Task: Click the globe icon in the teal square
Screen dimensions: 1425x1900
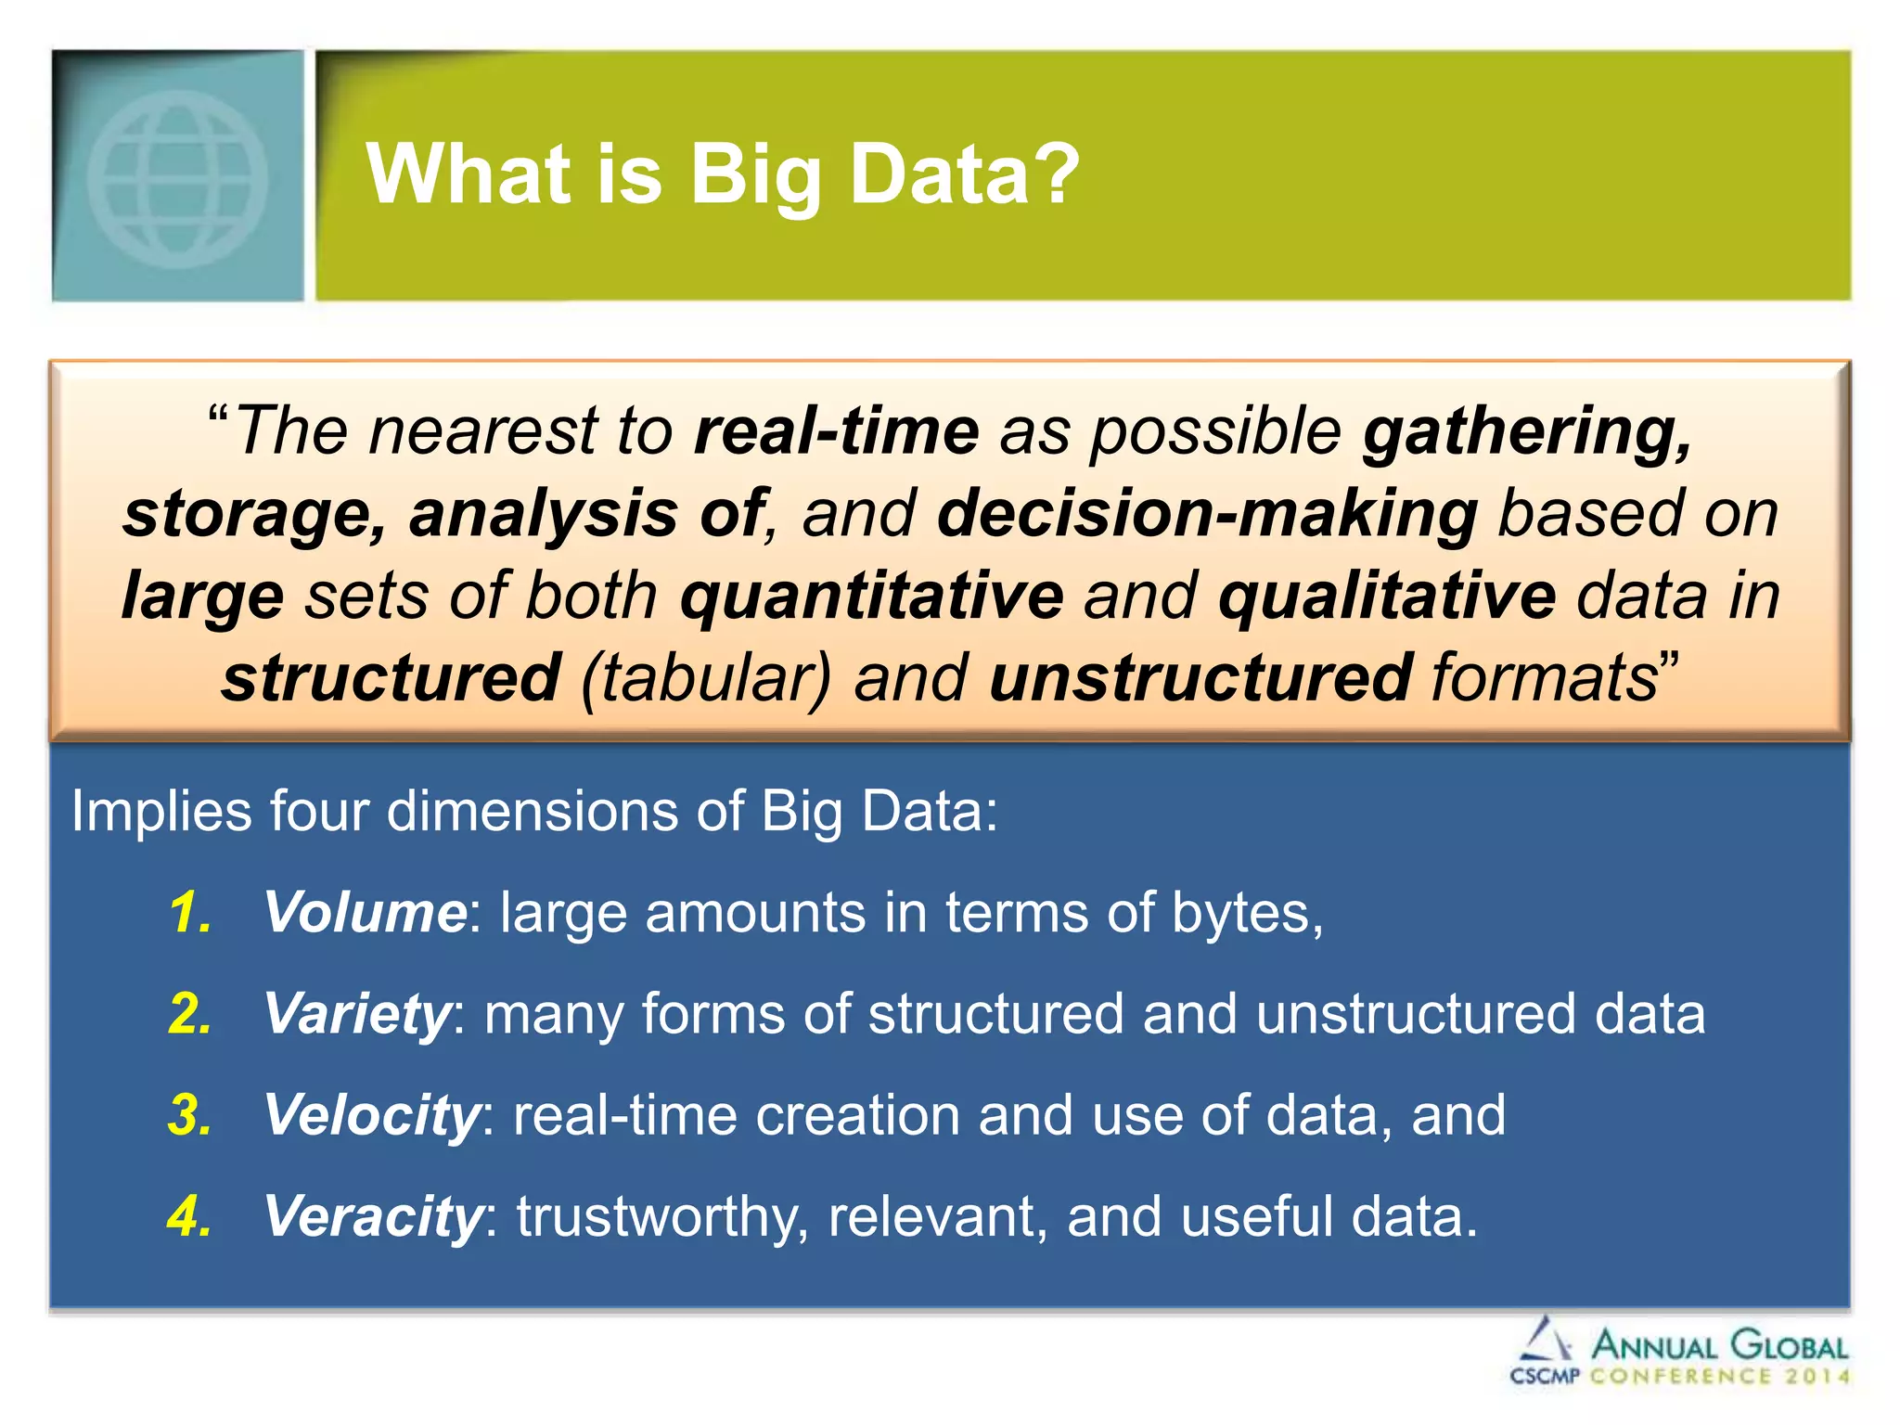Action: [x=177, y=178]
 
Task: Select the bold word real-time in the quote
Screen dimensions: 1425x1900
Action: [x=836, y=430]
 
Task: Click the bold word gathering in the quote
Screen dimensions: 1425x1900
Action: [x=1527, y=432]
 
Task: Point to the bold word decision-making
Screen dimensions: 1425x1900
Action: [x=1207, y=513]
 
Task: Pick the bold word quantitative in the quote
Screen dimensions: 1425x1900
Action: [x=871, y=596]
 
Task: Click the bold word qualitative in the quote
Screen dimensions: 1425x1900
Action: [x=1386, y=596]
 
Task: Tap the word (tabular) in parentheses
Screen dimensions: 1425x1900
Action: [x=705, y=678]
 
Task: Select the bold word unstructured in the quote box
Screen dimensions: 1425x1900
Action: [x=1200, y=677]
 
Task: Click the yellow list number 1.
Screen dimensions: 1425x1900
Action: [x=190, y=912]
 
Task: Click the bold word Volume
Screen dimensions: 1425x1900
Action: [x=366, y=912]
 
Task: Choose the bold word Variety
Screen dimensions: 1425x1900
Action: [x=358, y=1014]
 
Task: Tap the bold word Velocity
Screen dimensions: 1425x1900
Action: [x=371, y=1114]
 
